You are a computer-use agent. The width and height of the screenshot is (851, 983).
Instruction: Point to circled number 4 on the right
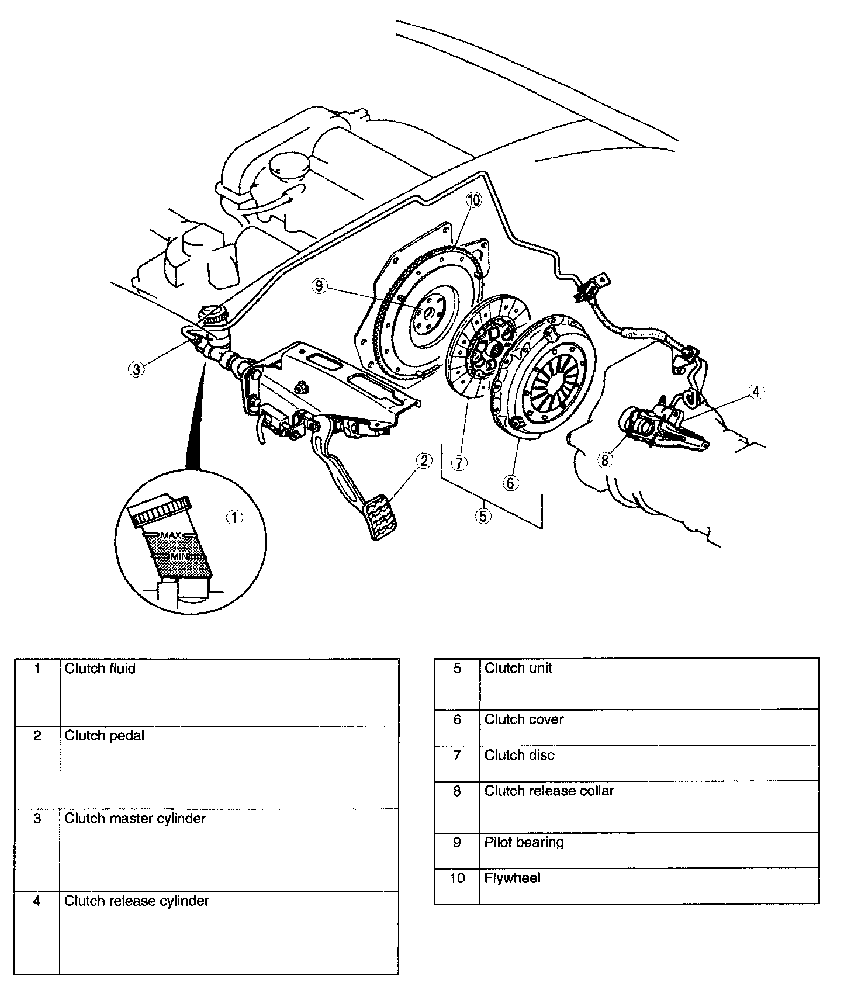point(756,392)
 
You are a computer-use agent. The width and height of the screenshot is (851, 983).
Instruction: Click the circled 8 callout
point(605,461)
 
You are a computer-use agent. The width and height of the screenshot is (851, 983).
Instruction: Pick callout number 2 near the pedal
point(424,461)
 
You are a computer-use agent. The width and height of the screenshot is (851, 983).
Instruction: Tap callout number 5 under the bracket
point(483,516)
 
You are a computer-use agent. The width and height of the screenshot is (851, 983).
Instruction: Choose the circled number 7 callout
point(460,463)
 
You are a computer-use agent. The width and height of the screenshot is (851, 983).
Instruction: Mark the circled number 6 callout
point(510,482)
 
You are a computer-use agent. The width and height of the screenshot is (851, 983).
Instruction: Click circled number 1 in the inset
point(234,517)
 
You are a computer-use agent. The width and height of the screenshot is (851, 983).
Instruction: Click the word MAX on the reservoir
point(171,535)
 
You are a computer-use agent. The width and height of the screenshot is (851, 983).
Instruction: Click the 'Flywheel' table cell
point(512,878)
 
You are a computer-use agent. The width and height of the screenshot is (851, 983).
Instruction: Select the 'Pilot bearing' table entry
point(524,842)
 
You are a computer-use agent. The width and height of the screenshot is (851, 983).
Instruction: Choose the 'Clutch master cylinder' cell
point(135,818)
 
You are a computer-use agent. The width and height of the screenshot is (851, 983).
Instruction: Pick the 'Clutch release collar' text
point(549,791)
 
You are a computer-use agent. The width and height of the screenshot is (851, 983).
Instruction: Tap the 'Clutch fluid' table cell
point(100,668)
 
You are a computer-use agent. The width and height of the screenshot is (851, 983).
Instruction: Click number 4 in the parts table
point(37,901)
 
